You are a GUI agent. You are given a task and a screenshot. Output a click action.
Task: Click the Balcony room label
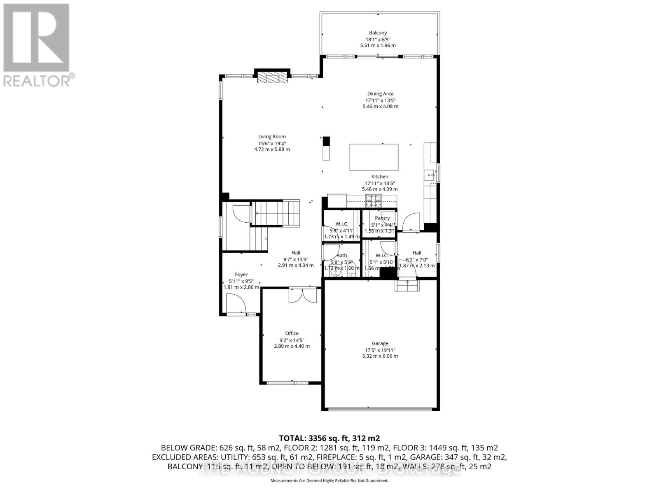point(378,33)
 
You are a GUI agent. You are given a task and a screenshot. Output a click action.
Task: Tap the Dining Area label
point(380,94)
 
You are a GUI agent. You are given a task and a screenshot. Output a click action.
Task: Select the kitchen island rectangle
point(374,157)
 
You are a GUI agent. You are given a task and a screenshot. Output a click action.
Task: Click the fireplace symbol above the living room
point(271,78)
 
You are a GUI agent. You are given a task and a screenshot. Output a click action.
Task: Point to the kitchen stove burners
point(373,201)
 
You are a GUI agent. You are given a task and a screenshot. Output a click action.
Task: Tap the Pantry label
point(382,218)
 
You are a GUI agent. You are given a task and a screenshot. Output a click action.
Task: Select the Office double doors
point(303,295)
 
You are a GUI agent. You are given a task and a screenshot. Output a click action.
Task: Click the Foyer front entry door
point(236,305)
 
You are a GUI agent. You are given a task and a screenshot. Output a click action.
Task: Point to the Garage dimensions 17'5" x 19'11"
point(380,350)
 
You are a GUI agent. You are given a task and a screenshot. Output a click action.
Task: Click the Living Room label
point(272,137)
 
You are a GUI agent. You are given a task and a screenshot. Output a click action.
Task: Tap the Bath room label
point(341,256)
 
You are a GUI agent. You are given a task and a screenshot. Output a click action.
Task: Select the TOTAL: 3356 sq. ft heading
point(329,438)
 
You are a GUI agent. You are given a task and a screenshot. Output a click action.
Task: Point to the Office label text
point(292,333)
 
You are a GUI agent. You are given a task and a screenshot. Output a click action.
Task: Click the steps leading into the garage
point(407,285)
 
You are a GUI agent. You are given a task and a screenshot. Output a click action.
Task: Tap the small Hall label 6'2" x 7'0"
point(417,253)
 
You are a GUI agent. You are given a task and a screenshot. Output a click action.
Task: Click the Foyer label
point(241,275)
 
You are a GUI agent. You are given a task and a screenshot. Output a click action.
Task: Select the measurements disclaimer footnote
point(329,480)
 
